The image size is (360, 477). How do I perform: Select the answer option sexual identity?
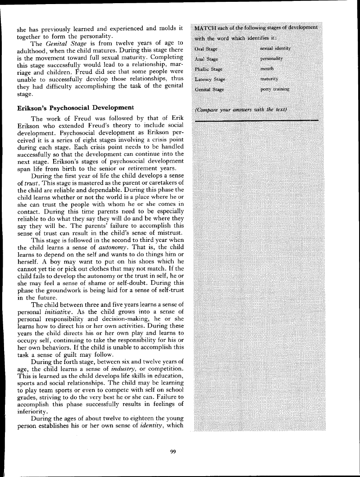(x=276, y=49)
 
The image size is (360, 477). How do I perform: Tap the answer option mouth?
(x=269, y=69)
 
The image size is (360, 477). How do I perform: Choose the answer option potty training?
(x=275, y=89)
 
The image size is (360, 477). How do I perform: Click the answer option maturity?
(x=271, y=79)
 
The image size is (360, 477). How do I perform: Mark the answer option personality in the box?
(x=272, y=59)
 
